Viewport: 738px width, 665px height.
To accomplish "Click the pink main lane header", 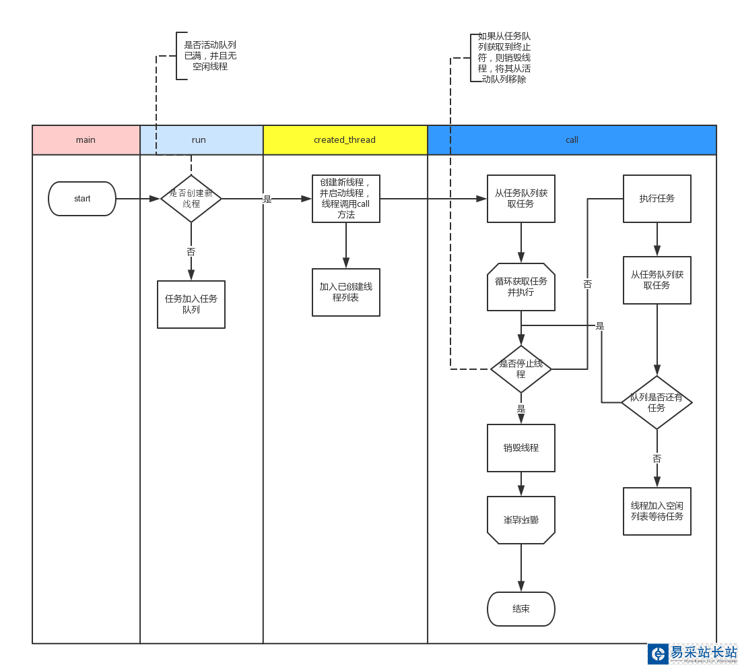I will tap(86, 140).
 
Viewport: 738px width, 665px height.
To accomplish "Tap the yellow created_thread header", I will tap(345, 140).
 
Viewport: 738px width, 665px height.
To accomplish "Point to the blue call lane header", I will tap(572, 140).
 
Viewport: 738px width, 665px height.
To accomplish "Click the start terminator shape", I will tap(82, 199).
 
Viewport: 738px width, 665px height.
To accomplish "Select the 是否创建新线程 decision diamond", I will tap(191, 199).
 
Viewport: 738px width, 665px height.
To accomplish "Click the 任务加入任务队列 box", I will tap(191, 305).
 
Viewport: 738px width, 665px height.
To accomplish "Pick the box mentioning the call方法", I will tap(346, 199).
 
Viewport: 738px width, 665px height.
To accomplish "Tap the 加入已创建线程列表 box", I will tap(346, 292).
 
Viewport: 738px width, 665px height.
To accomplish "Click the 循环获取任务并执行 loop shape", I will tap(521, 287).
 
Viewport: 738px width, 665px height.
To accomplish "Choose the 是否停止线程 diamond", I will tap(521, 369).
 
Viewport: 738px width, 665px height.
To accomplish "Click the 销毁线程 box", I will tap(521, 448).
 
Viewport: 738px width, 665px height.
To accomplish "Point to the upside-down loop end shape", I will tap(521, 520).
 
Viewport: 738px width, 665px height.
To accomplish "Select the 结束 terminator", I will tap(521, 609).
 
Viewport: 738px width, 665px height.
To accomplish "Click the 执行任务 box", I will tap(657, 199).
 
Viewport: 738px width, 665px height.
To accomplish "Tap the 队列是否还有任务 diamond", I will tap(657, 402).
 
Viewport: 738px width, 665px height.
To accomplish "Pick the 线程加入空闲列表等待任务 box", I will tap(657, 511).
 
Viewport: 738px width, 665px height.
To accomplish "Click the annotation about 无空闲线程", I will tap(210, 56).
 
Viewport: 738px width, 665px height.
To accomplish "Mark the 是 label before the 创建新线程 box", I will tap(267, 199).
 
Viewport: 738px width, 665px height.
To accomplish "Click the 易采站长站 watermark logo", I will tap(693, 654).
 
